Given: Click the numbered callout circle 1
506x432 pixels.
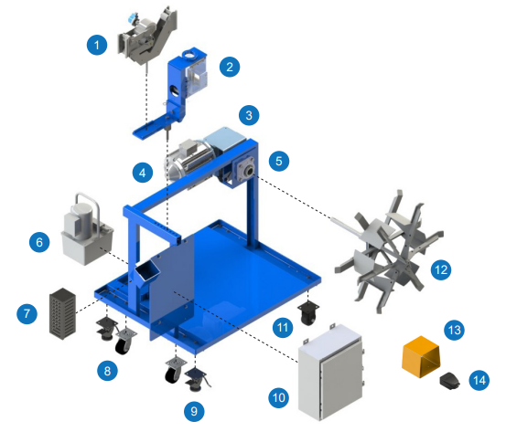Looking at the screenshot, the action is point(97,45).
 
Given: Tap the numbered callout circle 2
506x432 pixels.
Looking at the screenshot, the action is point(230,67).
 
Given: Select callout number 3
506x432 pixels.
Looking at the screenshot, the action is point(249,115).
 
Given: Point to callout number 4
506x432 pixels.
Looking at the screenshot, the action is point(143,173).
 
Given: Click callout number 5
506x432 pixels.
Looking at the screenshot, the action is point(279,161).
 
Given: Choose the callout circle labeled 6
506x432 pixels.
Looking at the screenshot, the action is point(39,242).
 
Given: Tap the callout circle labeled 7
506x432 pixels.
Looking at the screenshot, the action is point(27,313).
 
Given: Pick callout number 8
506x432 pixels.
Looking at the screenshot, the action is point(107,371).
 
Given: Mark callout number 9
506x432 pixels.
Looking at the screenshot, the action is point(194,411).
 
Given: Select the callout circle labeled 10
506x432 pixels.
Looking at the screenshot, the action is point(279,397).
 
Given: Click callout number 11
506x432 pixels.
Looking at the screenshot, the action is point(283,327).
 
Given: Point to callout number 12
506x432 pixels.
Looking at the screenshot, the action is point(441,269).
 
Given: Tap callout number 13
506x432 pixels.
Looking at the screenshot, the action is point(455,330).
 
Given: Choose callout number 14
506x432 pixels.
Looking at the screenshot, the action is point(479,380).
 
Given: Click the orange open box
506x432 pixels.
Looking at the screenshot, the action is point(421,356).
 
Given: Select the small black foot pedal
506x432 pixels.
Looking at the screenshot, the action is point(450,380).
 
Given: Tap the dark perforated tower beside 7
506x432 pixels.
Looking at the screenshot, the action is point(62,313).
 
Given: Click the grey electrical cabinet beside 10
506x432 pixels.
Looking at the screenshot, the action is point(330,373).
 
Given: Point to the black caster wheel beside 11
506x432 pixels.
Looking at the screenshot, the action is point(307,313).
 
